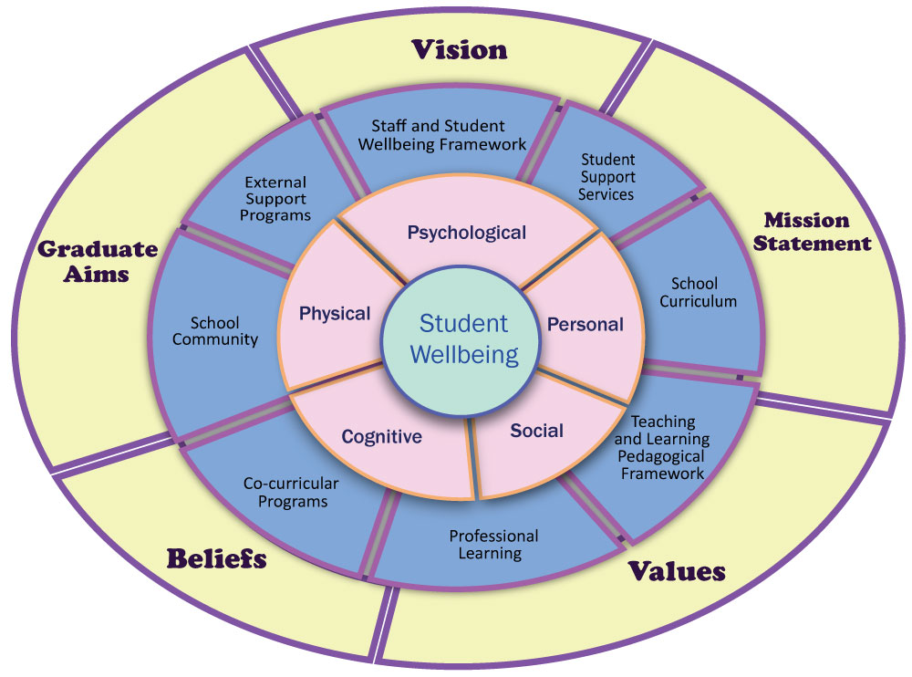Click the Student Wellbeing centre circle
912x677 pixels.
[463, 339]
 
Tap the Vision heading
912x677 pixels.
[459, 49]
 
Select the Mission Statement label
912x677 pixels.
[817, 232]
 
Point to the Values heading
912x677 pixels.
[677, 572]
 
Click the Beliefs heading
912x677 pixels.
[216, 557]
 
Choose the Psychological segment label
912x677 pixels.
[467, 233]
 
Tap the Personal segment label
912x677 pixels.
[585, 324]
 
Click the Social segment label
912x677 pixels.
[536, 430]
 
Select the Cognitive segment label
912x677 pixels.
[381, 437]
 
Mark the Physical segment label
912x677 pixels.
[335, 314]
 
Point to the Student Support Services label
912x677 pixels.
[607, 177]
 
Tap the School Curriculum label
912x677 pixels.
[694, 292]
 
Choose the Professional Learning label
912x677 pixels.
[493, 545]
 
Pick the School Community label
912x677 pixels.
[215, 331]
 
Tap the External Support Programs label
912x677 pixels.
[276, 199]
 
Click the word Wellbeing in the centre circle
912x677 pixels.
[463, 354]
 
